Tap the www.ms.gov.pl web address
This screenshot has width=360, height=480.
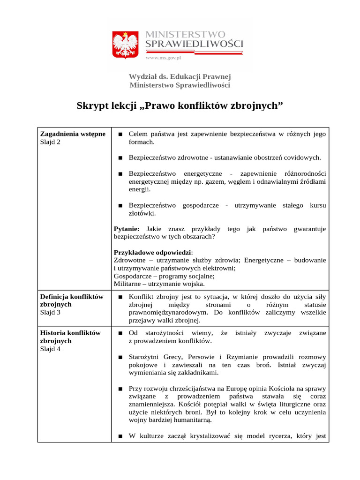pos(163,57)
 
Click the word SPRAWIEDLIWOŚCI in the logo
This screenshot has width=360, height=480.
pos(195,44)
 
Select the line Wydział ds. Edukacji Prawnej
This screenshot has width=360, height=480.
pos(180,76)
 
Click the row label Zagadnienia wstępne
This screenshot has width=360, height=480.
pos(73,134)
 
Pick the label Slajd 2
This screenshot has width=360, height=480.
pos(50,142)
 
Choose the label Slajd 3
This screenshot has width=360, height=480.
pos(50,312)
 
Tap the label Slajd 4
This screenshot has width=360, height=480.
pos(50,349)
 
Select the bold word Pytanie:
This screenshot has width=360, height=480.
pos(127,229)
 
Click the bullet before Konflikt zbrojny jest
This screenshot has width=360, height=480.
pos(120,297)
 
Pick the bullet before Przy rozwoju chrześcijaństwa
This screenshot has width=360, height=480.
pos(120,389)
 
